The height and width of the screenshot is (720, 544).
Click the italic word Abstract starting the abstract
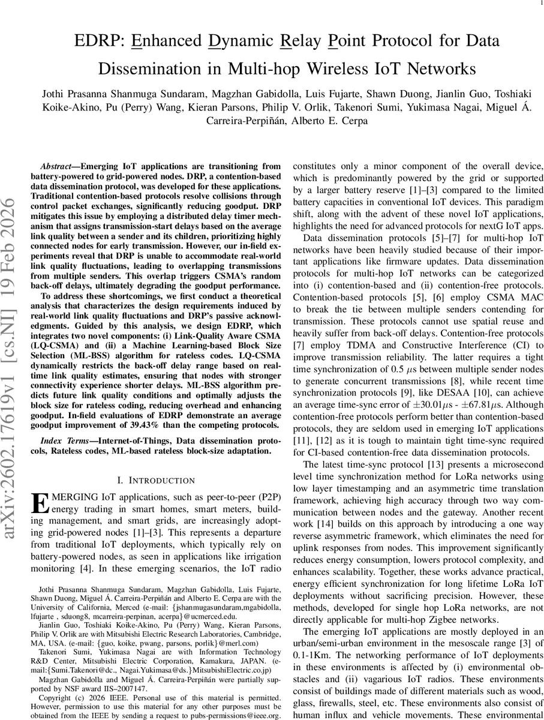(57, 166)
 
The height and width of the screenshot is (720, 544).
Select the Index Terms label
(62, 441)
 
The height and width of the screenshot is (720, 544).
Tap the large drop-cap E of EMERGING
(40, 502)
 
